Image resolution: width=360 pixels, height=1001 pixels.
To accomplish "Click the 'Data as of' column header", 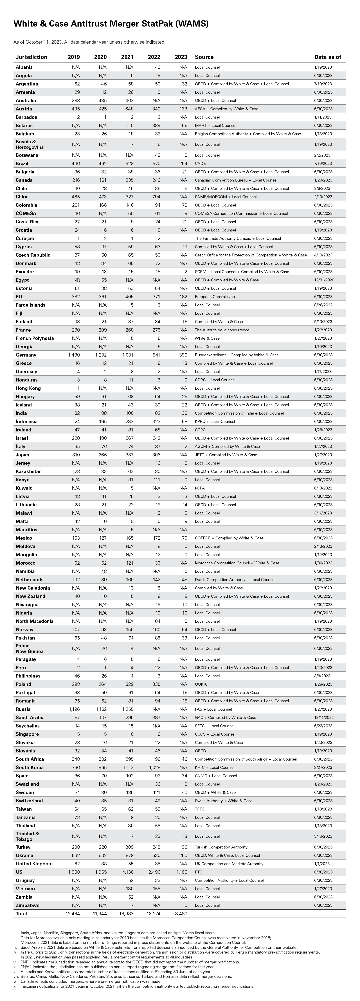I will click(x=327, y=57).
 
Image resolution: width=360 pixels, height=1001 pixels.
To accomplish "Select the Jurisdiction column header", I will click(x=31, y=57).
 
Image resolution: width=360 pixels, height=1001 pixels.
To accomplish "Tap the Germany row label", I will click(x=26, y=355).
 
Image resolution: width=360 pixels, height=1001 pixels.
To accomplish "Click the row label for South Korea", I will click(x=29, y=768).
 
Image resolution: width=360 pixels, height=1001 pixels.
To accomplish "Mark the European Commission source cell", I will click(x=215, y=296).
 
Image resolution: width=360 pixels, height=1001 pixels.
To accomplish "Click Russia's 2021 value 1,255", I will click(x=127, y=709).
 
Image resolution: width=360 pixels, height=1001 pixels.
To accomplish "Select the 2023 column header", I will click(x=181, y=57).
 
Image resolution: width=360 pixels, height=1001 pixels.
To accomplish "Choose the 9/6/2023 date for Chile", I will click(x=322, y=189).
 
